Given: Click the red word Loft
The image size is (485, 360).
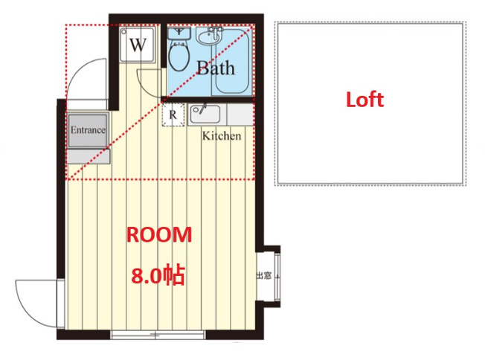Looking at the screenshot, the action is (365, 100).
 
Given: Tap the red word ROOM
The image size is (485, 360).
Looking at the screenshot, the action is (159, 235).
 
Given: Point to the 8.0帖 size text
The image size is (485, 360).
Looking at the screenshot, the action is (158, 274).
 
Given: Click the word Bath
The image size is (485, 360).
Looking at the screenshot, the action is (216, 68).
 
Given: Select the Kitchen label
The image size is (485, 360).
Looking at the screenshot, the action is (222, 136).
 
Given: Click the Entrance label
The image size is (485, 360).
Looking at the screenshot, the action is (88, 129).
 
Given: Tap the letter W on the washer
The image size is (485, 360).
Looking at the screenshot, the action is (138, 45).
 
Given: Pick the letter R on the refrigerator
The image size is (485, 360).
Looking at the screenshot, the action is (173, 115).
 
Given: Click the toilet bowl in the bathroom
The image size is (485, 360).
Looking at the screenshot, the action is (179, 57).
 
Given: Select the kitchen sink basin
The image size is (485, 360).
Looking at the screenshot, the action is (205, 114).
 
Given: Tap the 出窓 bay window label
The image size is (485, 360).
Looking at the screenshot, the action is (264, 275).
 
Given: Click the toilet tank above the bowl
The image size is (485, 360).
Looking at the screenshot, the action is (179, 33).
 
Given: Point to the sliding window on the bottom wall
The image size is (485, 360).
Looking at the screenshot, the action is (158, 335).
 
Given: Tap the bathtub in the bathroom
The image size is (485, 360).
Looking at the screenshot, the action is (232, 61).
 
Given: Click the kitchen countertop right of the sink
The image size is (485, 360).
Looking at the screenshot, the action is (241, 115).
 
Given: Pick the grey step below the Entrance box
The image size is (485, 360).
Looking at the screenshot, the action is (89, 156).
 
